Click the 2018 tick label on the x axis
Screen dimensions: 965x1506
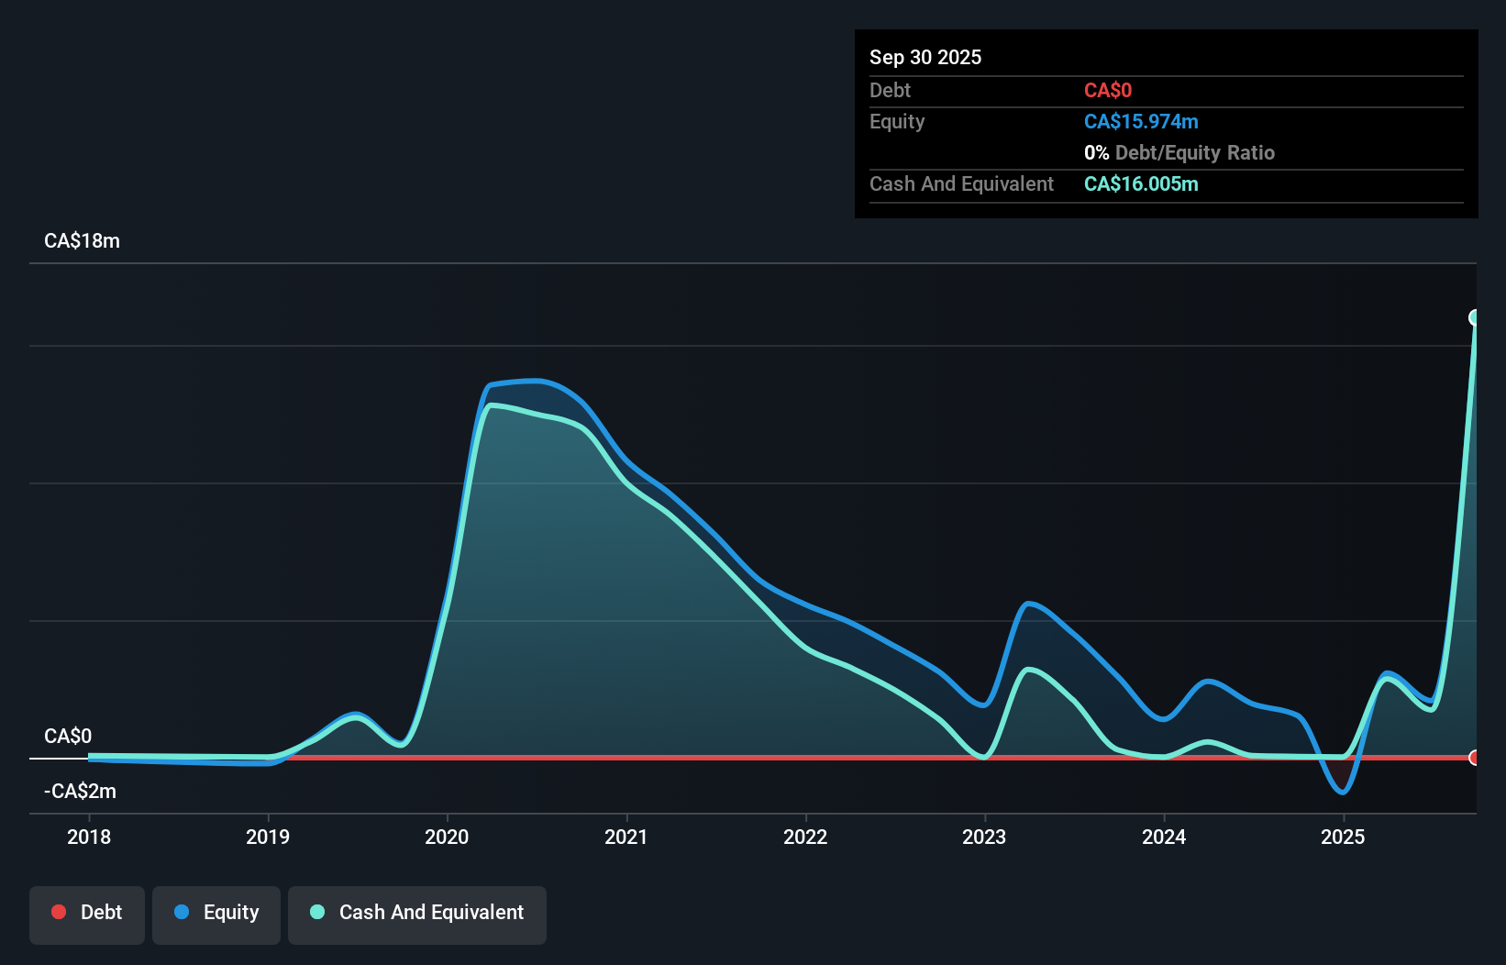click(x=89, y=837)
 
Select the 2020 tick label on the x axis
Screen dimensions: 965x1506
click(x=447, y=837)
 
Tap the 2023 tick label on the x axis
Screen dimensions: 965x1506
click(x=984, y=837)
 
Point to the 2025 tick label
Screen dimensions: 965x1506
click(x=1343, y=837)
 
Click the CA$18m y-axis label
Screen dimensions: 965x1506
click(x=82, y=241)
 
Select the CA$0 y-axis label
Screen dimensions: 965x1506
click(x=68, y=736)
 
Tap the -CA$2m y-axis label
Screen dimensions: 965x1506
click(x=82, y=791)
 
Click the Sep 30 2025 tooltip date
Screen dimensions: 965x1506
click(x=925, y=57)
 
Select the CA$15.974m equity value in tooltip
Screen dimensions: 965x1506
click(x=1141, y=121)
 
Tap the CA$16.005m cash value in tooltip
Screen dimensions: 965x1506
click(x=1141, y=183)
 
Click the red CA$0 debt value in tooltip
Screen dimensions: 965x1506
click(x=1108, y=90)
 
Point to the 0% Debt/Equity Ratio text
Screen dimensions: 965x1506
click(x=1179, y=152)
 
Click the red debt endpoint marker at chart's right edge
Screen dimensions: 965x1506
click(x=1475, y=758)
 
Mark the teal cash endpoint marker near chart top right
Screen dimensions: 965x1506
click(x=1475, y=317)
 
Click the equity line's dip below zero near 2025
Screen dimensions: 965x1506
click(x=1343, y=792)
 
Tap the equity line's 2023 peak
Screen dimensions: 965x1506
click(x=1029, y=603)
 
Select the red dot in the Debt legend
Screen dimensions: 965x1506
click(x=59, y=912)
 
